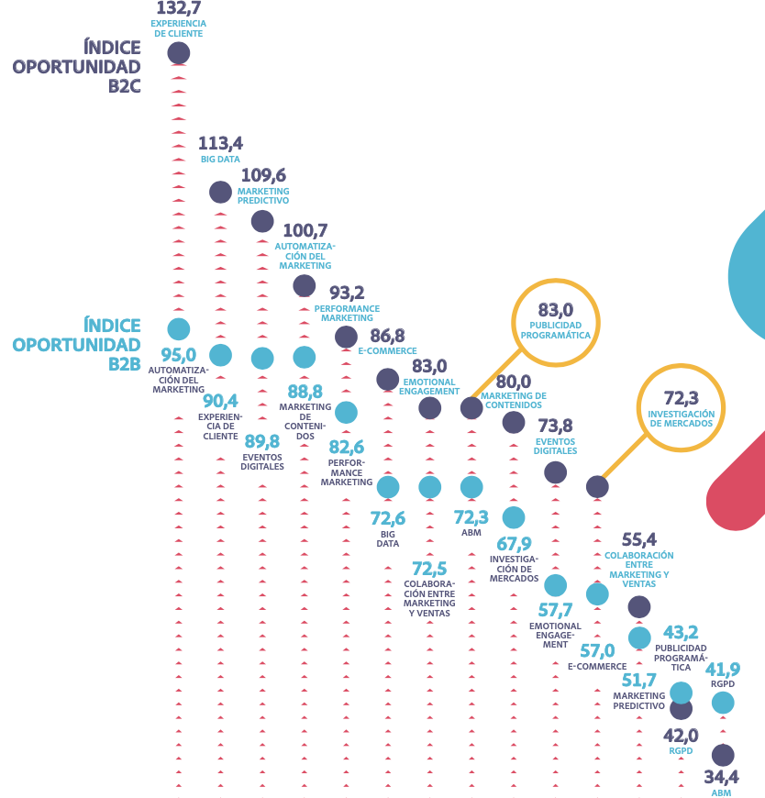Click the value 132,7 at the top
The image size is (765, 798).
coord(179,8)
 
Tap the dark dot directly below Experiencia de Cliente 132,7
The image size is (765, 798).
coord(179,53)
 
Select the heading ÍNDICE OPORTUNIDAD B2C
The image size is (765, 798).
coord(76,67)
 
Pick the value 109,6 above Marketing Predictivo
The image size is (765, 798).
coord(263,174)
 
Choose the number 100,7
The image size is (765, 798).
coord(305,230)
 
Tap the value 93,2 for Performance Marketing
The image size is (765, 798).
coord(347,293)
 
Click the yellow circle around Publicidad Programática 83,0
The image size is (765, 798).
coord(555,322)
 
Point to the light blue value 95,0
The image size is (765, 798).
coord(179,355)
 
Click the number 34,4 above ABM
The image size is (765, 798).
coord(721,777)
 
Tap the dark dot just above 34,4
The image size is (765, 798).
coord(723,755)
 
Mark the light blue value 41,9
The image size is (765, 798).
coord(722,669)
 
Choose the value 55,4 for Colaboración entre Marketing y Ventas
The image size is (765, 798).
coord(639,540)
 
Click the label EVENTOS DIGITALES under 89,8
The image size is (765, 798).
coord(262,461)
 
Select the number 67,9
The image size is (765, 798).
coord(513,545)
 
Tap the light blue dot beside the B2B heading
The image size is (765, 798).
coord(179,328)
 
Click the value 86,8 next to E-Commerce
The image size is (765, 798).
coord(387,336)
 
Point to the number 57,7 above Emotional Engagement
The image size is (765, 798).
coord(555,611)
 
